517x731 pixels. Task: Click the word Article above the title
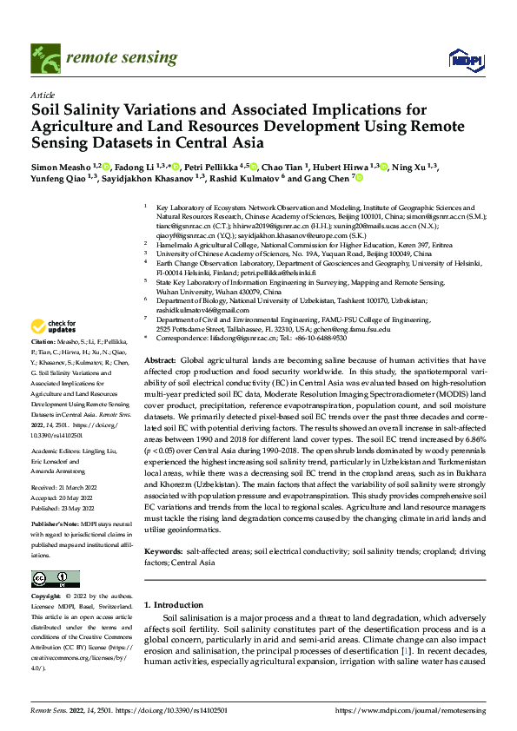[x=42, y=94]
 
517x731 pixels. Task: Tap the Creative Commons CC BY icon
[x=55, y=578]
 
